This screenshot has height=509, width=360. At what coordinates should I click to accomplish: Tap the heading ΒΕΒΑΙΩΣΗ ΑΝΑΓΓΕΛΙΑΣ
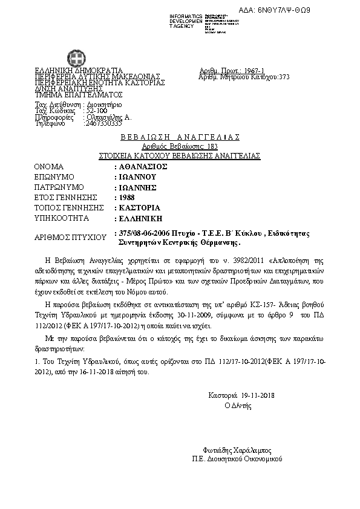pyautogui.click(x=180, y=137)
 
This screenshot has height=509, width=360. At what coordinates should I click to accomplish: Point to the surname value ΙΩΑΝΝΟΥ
pyautogui.click(x=137, y=177)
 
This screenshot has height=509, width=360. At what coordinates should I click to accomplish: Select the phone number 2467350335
pyautogui.click(x=103, y=123)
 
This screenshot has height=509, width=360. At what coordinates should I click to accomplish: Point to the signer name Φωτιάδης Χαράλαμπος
pyautogui.click(x=238, y=450)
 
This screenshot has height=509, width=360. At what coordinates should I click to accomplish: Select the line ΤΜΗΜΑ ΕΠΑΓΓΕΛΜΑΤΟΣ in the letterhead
pyautogui.click(x=79, y=95)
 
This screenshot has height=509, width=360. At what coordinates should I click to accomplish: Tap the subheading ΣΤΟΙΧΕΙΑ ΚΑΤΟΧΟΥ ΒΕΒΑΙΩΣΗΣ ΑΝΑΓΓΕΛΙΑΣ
pyautogui.click(x=180, y=155)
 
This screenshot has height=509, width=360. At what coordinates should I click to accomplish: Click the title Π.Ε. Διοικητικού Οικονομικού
pyautogui.click(x=238, y=459)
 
